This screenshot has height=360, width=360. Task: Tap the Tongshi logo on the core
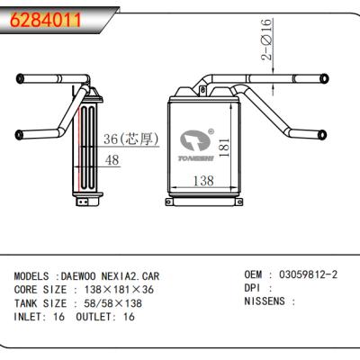(x=194, y=145)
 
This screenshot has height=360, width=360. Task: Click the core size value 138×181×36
(x=117, y=290)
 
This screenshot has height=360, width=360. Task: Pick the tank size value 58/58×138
(x=114, y=303)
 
